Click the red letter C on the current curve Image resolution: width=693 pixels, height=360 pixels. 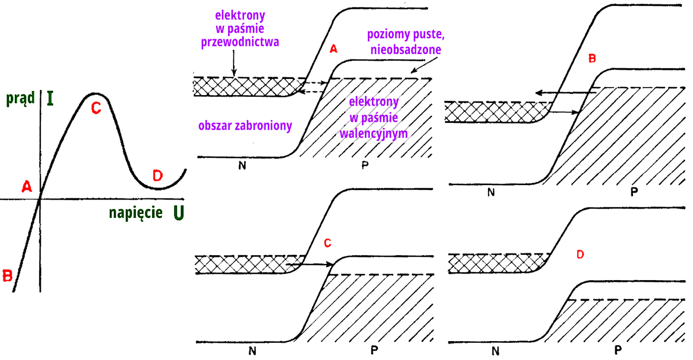pyautogui.click(x=96, y=108)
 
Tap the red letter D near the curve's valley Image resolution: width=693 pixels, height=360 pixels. pyautogui.click(x=158, y=175)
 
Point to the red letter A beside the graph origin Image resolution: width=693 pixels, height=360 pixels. pyautogui.click(x=27, y=186)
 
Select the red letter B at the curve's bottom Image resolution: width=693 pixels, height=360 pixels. pyautogui.click(x=7, y=276)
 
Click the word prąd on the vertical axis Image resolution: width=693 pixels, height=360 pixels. pyautogui.click(x=20, y=98)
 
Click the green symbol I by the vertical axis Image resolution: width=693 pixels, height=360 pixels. pyautogui.click(x=50, y=98)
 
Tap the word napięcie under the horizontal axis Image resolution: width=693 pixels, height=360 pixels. pyautogui.click(x=136, y=213)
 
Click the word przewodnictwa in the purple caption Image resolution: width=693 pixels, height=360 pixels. pyautogui.click(x=240, y=42)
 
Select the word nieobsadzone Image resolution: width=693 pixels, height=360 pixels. pyautogui.click(x=405, y=49)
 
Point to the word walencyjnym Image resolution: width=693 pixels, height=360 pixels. pyautogui.click(x=374, y=133)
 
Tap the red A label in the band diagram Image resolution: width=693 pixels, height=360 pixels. pyautogui.click(x=333, y=49)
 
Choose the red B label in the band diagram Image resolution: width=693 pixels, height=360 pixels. pyautogui.click(x=592, y=59)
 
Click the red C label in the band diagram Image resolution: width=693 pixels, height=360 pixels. pyautogui.click(x=328, y=243)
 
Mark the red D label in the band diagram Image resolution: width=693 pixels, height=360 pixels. pyautogui.click(x=580, y=254)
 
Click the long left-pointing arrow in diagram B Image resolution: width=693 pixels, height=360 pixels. pyautogui.click(x=566, y=92)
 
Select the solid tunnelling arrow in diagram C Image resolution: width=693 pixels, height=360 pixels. pyautogui.click(x=309, y=264)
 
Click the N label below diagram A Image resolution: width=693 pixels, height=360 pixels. pyautogui.click(x=242, y=166)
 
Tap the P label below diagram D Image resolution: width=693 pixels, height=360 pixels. pyautogui.click(x=618, y=350)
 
